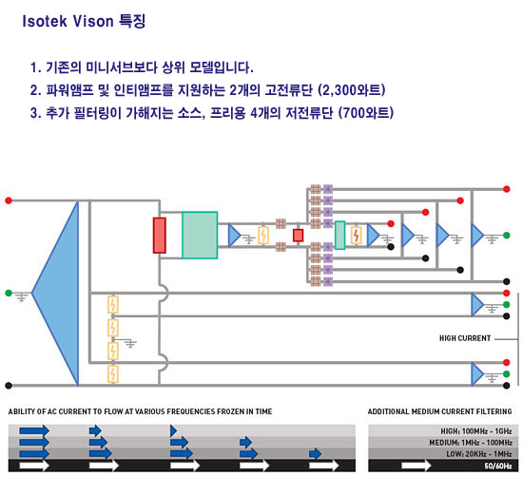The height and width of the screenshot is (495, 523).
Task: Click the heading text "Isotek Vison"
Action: pyautogui.click(x=68, y=21)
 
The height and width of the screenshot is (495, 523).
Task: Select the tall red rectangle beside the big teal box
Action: pyautogui.click(x=160, y=236)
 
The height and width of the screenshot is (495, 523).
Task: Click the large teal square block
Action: pyautogui.click(x=200, y=235)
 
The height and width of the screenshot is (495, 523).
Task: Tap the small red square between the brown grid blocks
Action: pyautogui.click(x=298, y=236)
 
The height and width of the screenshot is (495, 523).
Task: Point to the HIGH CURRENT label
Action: pyautogui.click(x=465, y=338)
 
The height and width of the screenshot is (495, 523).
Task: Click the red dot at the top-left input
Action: pyautogui.click(x=9, y=200)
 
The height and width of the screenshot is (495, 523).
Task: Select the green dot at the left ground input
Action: pyautogui.click(x=9, y=293)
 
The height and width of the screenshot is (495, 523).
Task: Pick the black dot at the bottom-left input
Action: pyautogui.click(x=9, y=386)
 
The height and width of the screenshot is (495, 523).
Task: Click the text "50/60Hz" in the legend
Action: pyautogui.click(x=498, y=466)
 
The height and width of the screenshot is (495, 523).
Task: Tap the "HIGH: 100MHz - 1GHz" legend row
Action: pyautogui.click(x=476, y=431)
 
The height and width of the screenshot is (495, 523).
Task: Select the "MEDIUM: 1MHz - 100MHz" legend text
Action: pyautogui.click(x=471, y=443)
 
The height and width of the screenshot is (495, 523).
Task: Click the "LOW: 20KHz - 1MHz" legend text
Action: pyautogui.click(x=479, y=454)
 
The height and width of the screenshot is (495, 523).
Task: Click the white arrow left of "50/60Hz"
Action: pyautogui.click(x=416, y=466)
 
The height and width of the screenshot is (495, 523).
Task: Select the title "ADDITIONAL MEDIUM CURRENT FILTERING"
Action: pyautogui.click(x=439, y=411)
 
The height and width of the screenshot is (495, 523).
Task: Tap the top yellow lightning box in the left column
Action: pyautogui.click(x=113, y=304)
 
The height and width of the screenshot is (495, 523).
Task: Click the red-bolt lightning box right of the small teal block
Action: pyautogui.click(x=357, y=236)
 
